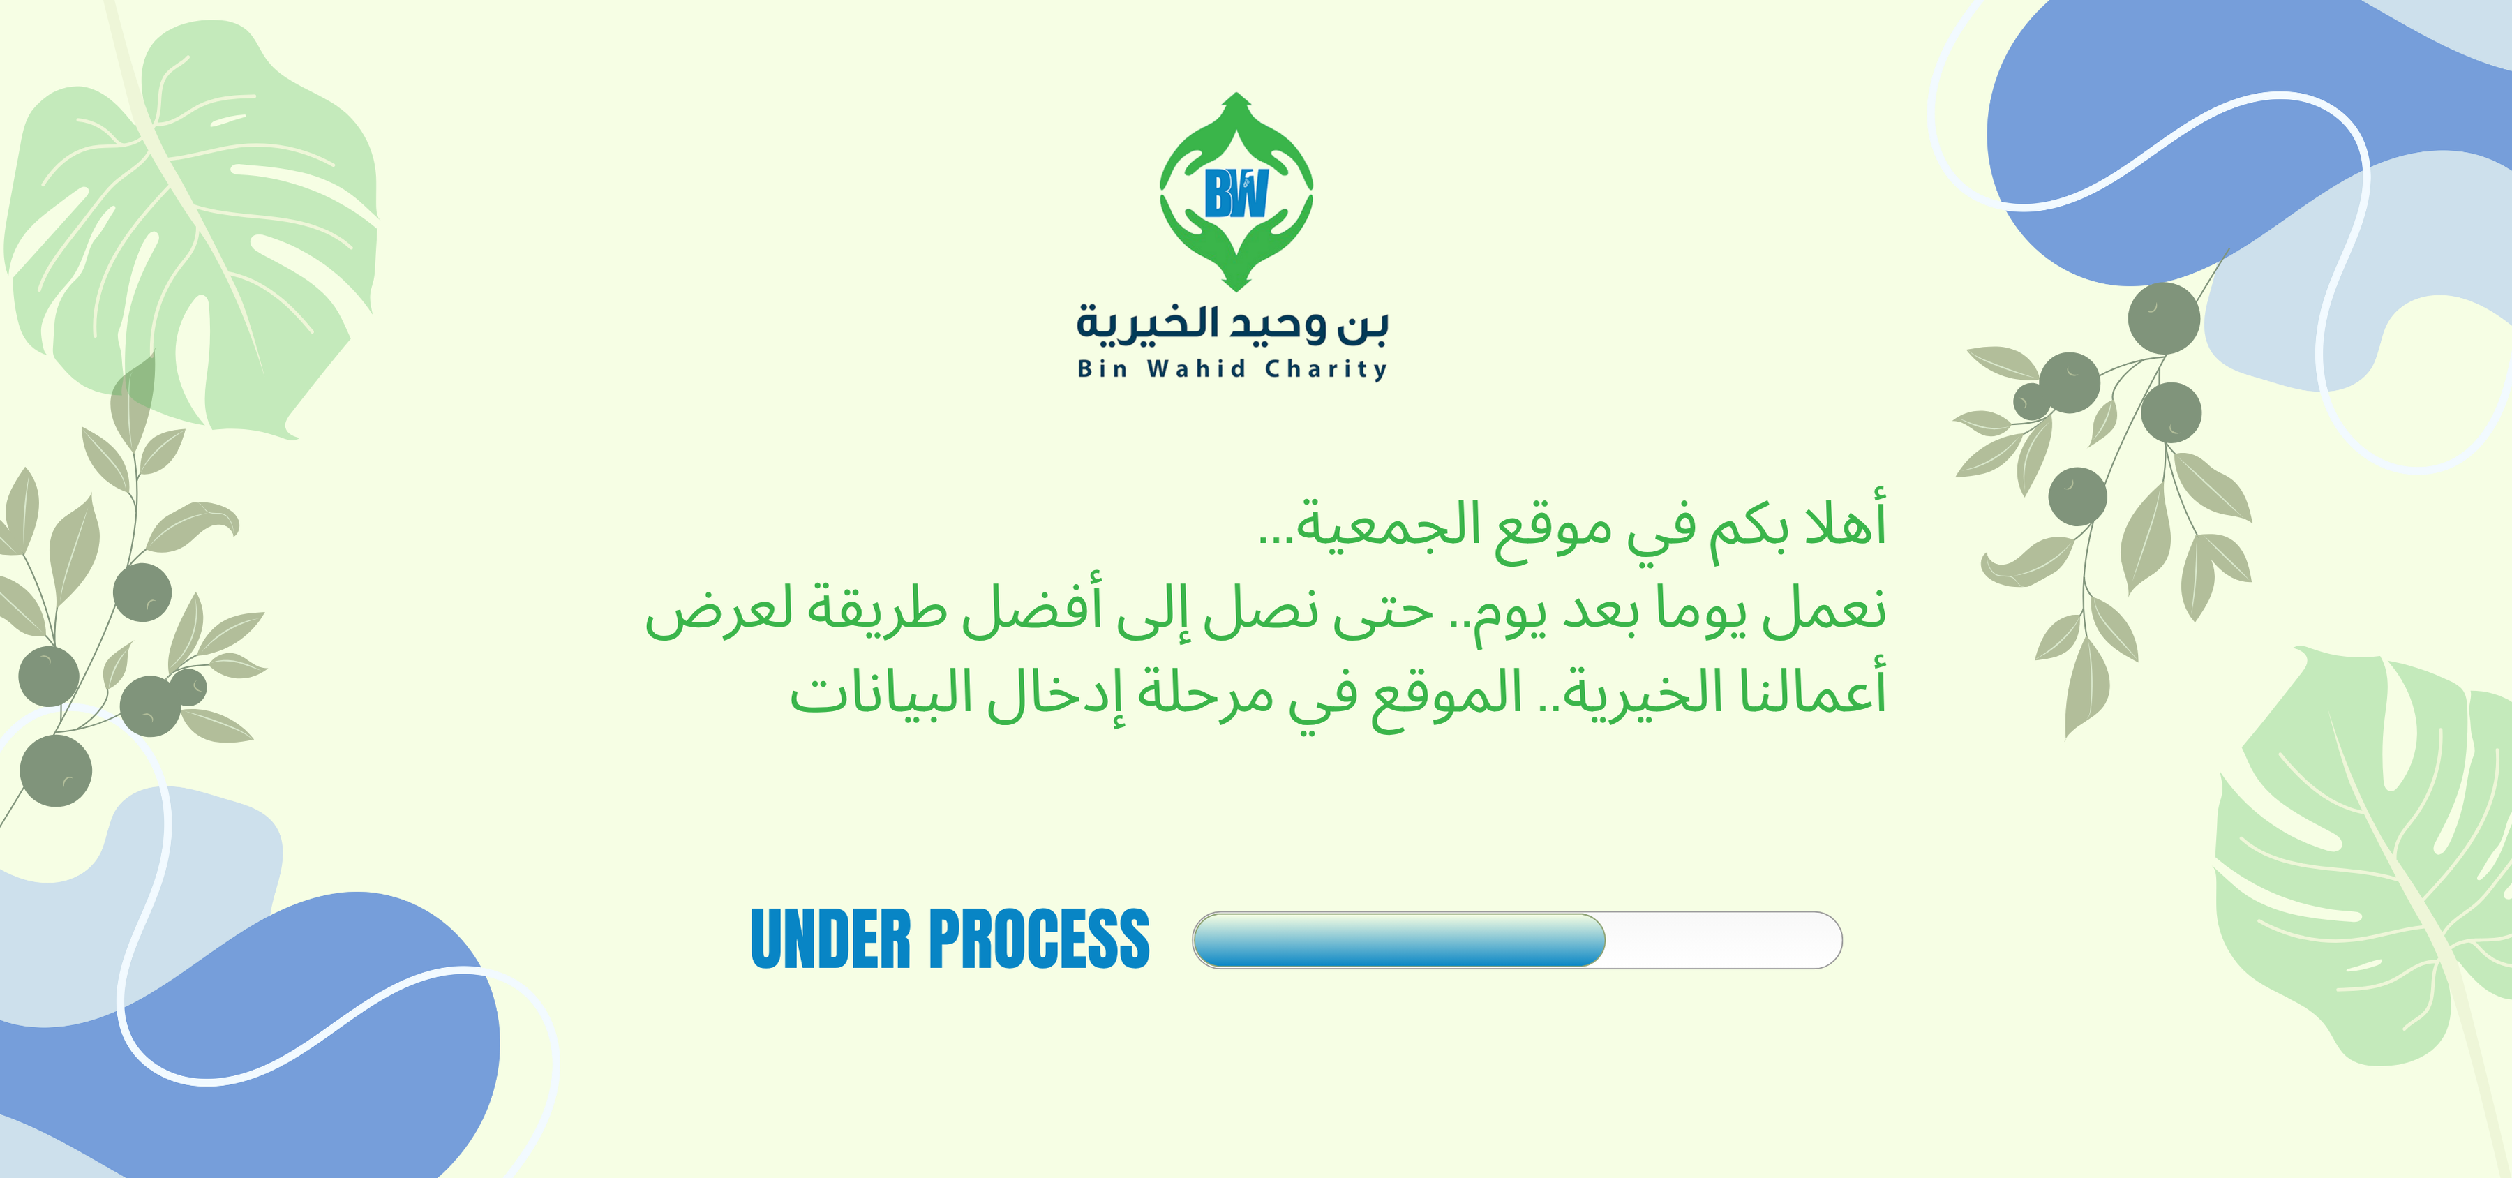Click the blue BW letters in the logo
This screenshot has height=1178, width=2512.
[1236, 193]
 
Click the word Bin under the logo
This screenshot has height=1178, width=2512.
[1102, 368]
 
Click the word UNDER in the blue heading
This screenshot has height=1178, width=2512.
[831, 938]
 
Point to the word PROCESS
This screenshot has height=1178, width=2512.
[1040, 938]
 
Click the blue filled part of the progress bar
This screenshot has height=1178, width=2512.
[1399, 940]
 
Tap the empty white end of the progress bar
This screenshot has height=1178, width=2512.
[1723, 940]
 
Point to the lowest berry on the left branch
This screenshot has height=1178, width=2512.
[56, 770]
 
